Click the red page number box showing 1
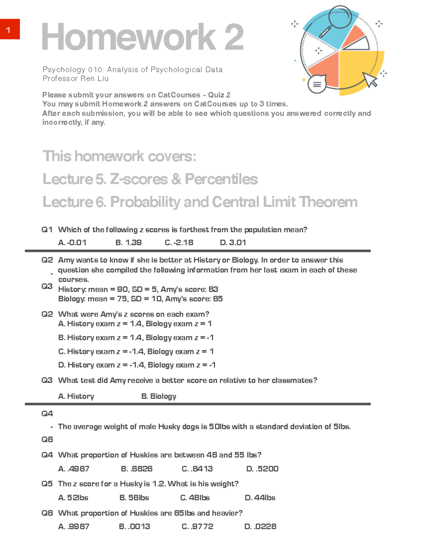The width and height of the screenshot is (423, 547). (x=10, y=29)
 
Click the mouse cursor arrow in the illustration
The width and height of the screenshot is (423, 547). (x=370, y=79)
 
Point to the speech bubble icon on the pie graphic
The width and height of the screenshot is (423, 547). (x=317, y=84)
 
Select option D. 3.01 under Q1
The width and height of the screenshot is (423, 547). (x=233, y=243)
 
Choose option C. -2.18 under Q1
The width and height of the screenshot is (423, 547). (x=179, y=243)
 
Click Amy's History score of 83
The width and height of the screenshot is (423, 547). (x=213, y=289)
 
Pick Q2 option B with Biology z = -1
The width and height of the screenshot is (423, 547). (x=136, y=337)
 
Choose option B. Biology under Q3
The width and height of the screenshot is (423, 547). (x=159, y=396)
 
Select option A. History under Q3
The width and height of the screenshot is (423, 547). (x=76, y=396)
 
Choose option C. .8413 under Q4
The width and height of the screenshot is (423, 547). (x=197, y=469)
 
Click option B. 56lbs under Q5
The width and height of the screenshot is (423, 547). (x=134, y=498)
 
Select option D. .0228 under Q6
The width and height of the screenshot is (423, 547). (x=260, y=527)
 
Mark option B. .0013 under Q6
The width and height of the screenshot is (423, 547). (x=134, y=527)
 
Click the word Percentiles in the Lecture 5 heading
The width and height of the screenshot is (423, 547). (x=221, y=179)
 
